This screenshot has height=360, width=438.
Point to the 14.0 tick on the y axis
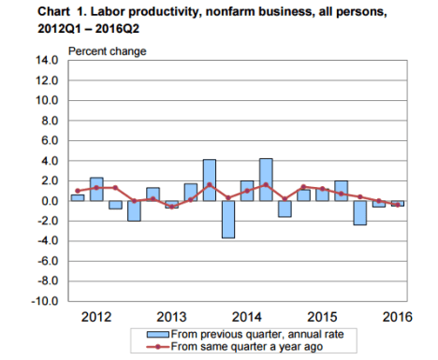(47, 60)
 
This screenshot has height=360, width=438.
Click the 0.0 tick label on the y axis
(50, 201)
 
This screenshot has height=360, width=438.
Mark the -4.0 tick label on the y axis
(48, 241)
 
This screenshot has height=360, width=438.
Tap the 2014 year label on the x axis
(247, 316)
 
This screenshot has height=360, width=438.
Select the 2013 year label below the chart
(173, 316)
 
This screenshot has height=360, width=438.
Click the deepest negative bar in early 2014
(227, 219)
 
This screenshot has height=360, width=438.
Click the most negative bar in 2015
(359, 212)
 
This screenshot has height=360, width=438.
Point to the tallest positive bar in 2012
(96, 189)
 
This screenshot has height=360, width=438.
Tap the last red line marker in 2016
(397, 205)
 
